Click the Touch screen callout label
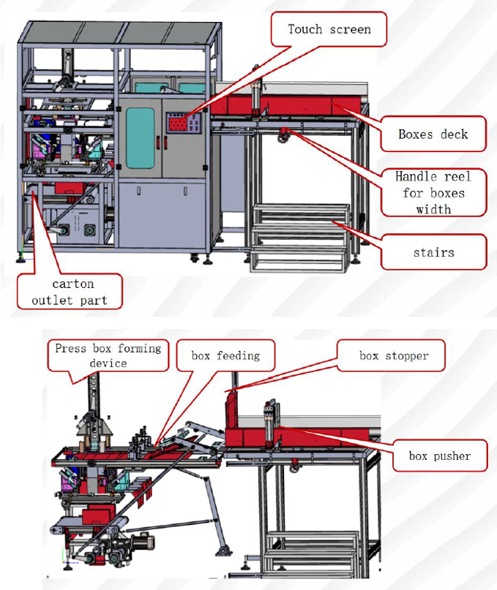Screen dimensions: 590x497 pyautogui.click(x=329, y=30)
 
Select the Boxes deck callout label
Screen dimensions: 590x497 pyautogui.click(x=433, y=134)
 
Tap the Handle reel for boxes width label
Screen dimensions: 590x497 pyautogui.click(x=433, y=193)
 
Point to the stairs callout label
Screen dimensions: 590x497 pyautogui.click(x=433, y=252)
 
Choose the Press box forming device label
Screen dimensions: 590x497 pyautogui.click(x=108, y=355)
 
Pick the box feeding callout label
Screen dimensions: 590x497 pyautogui.click(x=225, y=356)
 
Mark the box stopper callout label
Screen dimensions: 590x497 pyautogui.click(x=393, y=356)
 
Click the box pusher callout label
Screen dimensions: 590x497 pyautogui.click(x=439, y=456)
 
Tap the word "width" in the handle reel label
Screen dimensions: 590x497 pyautogui.click(x=433, y=209)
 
